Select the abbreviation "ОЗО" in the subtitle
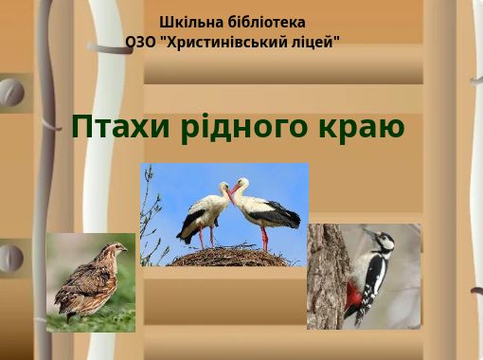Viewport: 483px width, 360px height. (141, 42)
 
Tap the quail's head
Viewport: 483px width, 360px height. (116, 249)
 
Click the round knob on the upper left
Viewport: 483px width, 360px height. (10, 93)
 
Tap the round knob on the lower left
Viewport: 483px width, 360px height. (9, 258)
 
